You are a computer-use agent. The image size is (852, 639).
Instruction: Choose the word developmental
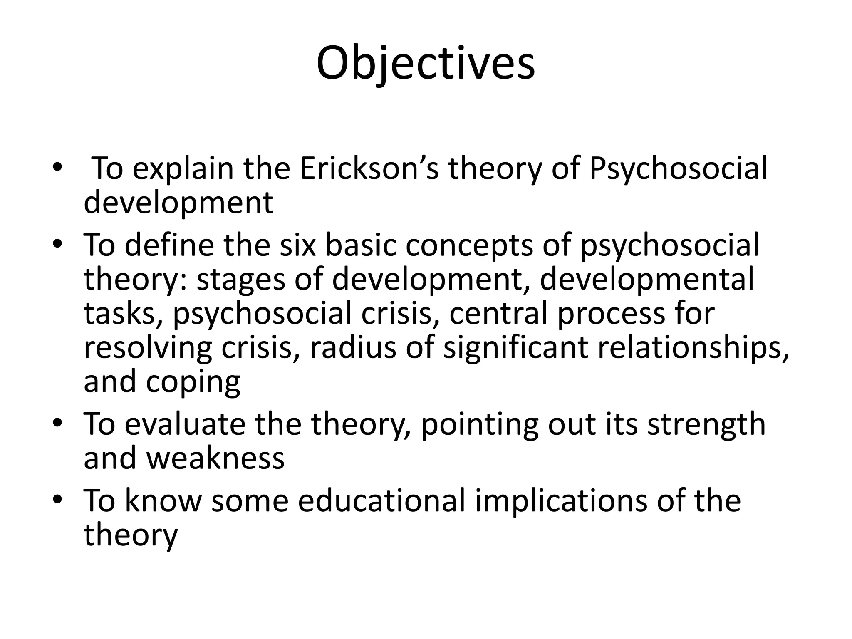pyautogui.click(x=647, y=279)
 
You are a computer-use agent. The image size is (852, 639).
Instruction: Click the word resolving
pyautogui.click(x=148, y=347)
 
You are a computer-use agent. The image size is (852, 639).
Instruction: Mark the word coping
pyautogui.click(x=193, y=382)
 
